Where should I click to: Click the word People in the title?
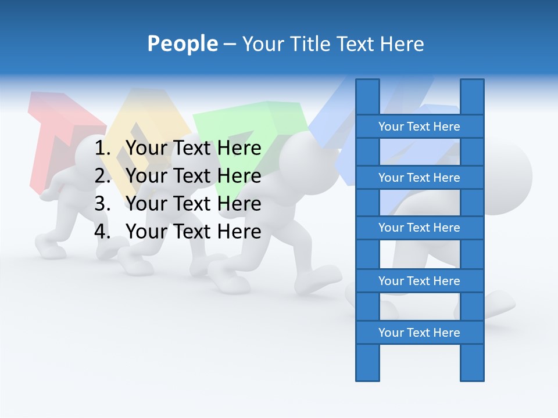pyautogui.click(x=183, y=44)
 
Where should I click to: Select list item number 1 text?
pyautogui.click(x=194, y=149)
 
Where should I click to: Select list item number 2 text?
pyautogui.click(x=194, y=176)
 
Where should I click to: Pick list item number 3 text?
pyautogui.click(x=194, y=204)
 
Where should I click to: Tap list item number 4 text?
pyautogui.click(x=194, y=232)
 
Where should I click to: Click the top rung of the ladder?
pyautogui.click(x=419, y=127)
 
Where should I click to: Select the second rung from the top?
pyautogui.click(x=419, y=178)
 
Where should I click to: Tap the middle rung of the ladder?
pyautogui.click(x=419, y=228)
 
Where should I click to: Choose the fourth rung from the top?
pyautogui.click(x=419, y=281)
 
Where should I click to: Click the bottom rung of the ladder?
pyautogui.click(x=419, y=333)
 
